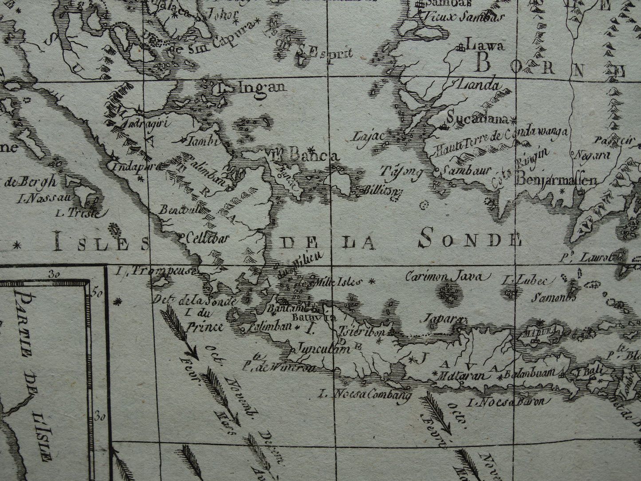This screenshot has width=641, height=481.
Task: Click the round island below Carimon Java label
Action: pos(449,293)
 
